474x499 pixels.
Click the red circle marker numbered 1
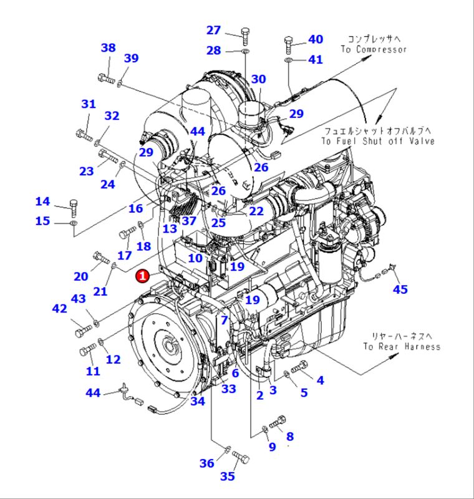[143, 274]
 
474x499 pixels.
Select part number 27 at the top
[214, 31]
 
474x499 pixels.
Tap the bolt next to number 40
[290, 43]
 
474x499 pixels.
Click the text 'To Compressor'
[374, 49]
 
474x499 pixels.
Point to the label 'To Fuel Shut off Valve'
[378, 141]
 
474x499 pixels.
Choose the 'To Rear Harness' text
[402, 347]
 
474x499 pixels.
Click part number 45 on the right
[400, 289]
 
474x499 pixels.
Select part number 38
[109, 48]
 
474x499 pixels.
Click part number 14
[42, 201]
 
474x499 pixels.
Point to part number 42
[59, 309]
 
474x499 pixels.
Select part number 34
[198, 400]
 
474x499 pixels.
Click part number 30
[258, 79]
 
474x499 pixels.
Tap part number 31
[89, 104]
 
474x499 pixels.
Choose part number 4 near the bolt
[320, 380]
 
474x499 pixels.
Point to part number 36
[206, 463]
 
